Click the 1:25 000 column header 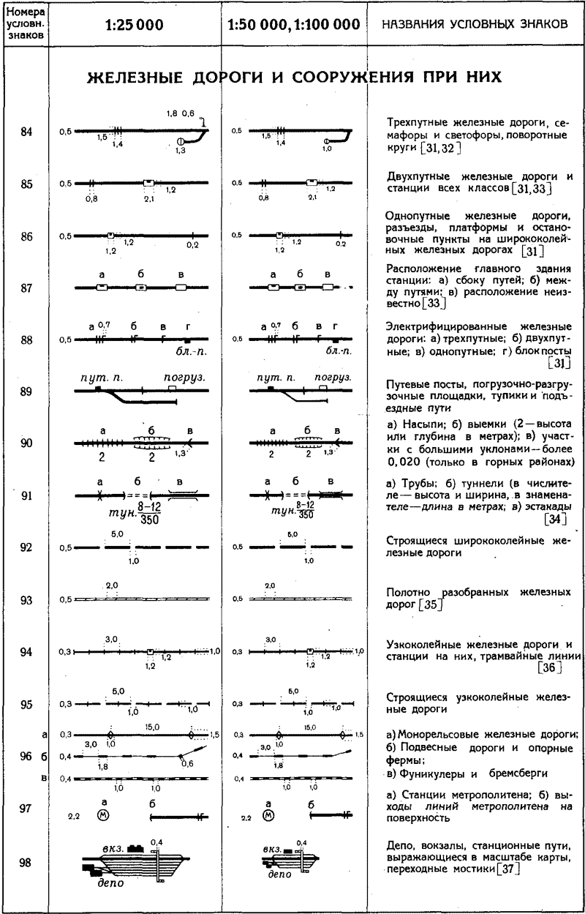point(134,24)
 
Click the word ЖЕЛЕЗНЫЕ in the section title point(131,78)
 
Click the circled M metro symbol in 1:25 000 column point(102,814)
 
